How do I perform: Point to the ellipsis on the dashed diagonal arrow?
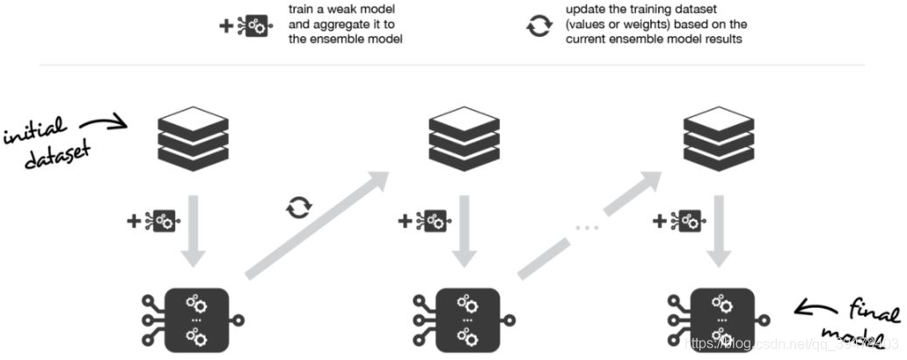(x=587, y=228)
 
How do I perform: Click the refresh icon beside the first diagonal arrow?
(x=299, y=209)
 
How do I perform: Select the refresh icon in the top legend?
(x=538, y=26)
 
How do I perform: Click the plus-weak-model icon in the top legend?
(x=245, y=26)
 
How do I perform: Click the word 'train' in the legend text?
(x=303, y=9)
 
